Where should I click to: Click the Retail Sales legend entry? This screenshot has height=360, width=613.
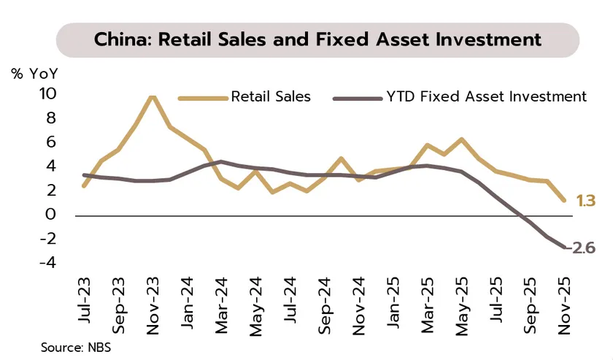click(270, 96)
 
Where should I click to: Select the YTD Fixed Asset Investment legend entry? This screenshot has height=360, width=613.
click(485, 96)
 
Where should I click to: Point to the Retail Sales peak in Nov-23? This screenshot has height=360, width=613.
click(152, 96)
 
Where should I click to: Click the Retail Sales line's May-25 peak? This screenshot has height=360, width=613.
click(461, 139)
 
